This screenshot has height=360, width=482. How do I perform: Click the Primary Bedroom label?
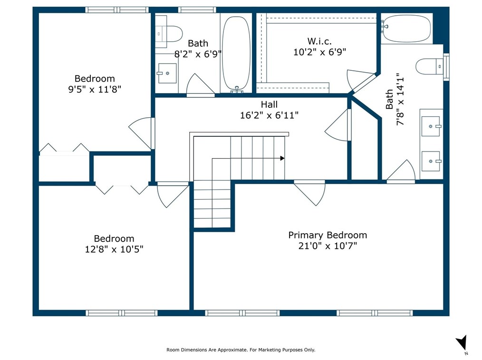[x=328, y=235]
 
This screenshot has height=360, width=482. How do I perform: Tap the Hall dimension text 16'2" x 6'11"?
[x=269, y=115]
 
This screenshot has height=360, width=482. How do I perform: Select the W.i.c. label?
[x=319, y=41]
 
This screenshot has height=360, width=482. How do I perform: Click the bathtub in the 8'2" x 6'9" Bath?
[x=236, y=54]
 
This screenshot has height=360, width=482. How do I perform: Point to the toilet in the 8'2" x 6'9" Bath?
[x=169, y=33]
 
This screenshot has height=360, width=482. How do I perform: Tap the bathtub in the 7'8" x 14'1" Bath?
[x=406, y=28]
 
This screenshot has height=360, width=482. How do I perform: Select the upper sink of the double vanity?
[x=431, y=126]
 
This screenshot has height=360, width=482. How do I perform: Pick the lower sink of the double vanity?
[x=431, y=161]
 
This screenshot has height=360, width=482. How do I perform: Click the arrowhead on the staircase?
[x=282, y=159]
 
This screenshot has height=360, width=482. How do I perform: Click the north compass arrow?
[x=462, y=342]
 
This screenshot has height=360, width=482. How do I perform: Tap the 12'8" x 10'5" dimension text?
[x=114, y=249]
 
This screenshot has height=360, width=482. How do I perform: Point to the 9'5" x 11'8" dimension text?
[x=95, y=89]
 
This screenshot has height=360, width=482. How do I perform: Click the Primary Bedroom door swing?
[x=309, y=193]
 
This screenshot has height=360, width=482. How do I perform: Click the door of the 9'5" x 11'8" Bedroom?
[x=141, y=133]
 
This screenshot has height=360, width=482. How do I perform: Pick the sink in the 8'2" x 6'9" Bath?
[x=167, y=73]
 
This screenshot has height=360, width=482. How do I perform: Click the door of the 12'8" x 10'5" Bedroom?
[x=173, y=195]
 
